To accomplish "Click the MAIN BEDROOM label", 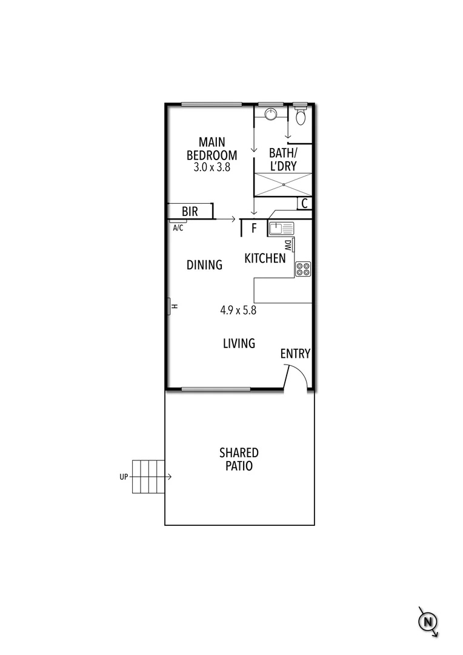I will (212, 149).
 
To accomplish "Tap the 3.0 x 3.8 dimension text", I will (212, 167).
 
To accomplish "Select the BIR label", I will (190, 212).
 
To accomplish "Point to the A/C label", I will (178, 228).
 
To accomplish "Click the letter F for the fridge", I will (255, 229).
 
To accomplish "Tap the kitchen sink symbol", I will (281, 229).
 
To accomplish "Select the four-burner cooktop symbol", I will (303, 269).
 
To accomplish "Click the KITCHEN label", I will (265, 259).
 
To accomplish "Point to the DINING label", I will (204, 265).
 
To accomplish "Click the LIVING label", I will (239, 344).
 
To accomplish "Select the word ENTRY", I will (295, 354).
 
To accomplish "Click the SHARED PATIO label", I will (239, 460).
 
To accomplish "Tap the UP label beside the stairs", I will (124, 477).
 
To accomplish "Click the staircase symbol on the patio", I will (148, 477).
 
